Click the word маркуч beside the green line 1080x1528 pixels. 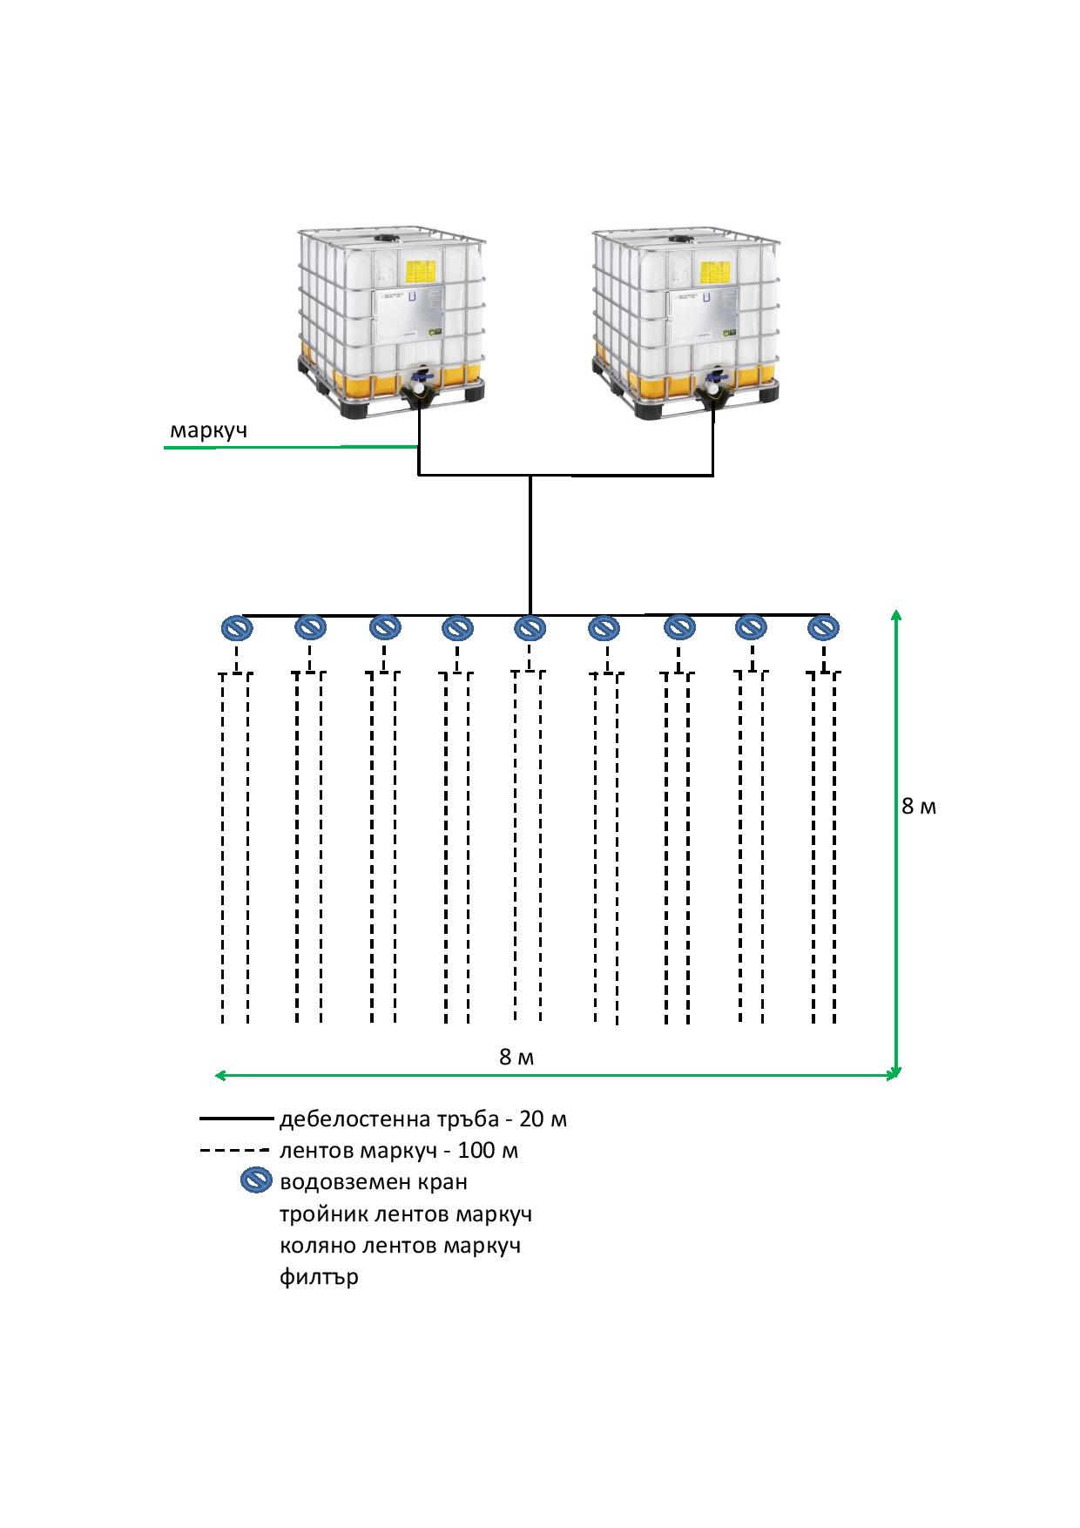pos(208,430)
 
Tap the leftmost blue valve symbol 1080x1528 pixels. pos(235,627)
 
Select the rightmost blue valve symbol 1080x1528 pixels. pos(823,627)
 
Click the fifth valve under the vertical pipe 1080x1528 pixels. pos(530,627)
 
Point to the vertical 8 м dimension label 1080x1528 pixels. pos(919,807)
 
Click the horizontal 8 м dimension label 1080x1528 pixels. pos(516,1057)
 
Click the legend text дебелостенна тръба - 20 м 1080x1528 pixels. pos(423,1119)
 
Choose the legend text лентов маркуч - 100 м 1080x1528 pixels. pos(399,1151)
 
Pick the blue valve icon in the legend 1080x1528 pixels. pos(256,1181)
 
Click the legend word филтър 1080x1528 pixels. pos(319,1278)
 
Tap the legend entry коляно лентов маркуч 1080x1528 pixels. pos(400,1246)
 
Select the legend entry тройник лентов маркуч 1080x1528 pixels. pos(406,1214)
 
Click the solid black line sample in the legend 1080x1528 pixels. pos(236,1118)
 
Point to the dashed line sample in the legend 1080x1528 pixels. pos(235,1151)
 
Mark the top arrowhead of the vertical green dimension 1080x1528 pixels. pos(896,616)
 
